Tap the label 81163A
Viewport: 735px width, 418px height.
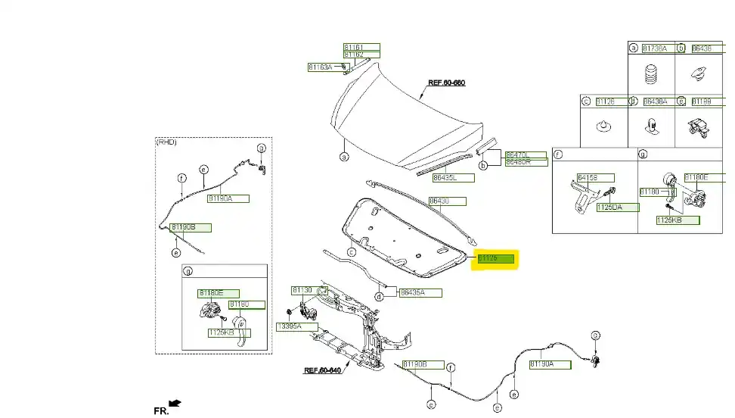click(x=321, y=67)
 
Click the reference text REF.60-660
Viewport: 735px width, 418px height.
click(x=446, y=82)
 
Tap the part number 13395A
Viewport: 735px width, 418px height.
click(x=288, y=326)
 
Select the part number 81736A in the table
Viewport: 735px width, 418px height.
click(x=655, y=48)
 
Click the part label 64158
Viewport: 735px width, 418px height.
click(x=588, y=178)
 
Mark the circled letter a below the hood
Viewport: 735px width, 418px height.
click(x=343, y=158)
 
